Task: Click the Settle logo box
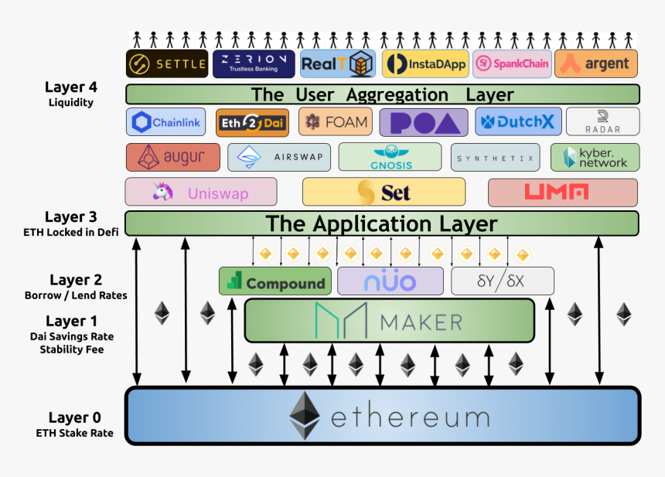coord(167,63)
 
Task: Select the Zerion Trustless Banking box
coord(254,63)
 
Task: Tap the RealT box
coord(337,63)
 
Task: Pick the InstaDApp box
coord(425,63)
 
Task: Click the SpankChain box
coord(511,63)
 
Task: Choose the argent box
coord(595,63)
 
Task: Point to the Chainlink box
coord(165,122)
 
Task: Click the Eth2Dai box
coord(252,122)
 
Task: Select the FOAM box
coord(335,121)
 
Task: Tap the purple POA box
coord(423,122)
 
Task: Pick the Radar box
coord(602,121)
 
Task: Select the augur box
coord(172,157)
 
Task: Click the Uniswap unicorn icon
coord(162,192)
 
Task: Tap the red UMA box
coord(562,192)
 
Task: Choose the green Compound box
coord(275,281)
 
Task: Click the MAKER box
coord(389,321)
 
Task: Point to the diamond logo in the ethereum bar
coord(305,416)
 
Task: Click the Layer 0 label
coord(74,417)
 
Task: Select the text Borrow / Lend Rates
coord(75,295)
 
